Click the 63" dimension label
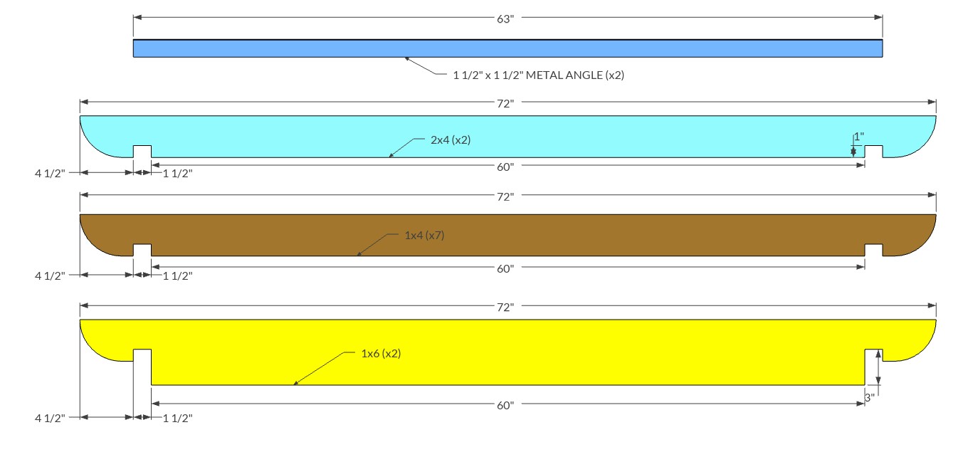(505, 19)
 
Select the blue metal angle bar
(507, 48)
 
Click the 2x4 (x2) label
(451, 140)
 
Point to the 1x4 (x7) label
(424, 236)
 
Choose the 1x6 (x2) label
(381, 354)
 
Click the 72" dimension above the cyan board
(505, 104)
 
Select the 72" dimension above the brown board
(505, 197)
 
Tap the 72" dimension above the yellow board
(505, 308)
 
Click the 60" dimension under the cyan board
(505, 167)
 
